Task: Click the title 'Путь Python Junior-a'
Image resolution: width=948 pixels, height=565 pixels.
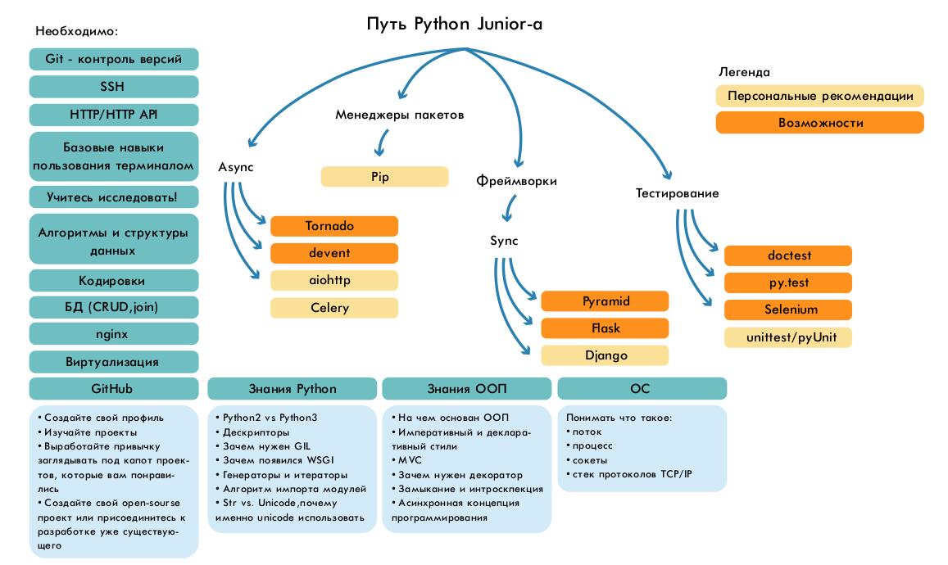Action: coord(454,24)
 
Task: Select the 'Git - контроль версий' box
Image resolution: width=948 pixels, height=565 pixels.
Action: coord(114,59)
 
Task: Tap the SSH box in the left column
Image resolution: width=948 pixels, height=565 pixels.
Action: coord(114,87)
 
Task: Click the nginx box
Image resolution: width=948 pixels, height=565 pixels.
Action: coord(114,334)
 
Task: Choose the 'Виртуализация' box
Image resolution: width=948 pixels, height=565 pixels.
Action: coord(114,361)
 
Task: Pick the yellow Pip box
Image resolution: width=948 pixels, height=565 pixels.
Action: coord(384,177)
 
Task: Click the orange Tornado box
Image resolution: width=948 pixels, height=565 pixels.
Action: coord(333,226)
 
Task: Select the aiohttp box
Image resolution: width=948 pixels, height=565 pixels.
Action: coord(333,280)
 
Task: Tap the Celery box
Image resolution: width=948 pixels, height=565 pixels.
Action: coord(333,308)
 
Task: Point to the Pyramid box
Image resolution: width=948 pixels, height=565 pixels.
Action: coord(605,301)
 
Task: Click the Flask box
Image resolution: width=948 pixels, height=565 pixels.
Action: coord(605,328)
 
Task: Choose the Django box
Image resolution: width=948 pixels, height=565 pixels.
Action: coord(605,355)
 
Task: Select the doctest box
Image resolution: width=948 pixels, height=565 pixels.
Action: coord(787,255)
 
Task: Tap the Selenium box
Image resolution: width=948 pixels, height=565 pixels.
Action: coord(787,310)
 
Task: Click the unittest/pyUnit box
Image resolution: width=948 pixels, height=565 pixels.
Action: coord(787,337)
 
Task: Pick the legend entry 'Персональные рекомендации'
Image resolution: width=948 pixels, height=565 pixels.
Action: coord(819,96)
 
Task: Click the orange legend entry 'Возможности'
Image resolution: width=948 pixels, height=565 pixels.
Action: coord(819,123)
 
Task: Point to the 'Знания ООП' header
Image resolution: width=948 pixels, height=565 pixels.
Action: coord(466,388)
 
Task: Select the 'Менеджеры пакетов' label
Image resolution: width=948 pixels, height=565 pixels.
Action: coord(400,115)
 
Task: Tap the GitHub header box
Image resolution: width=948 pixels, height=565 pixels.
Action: coord(114,388)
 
